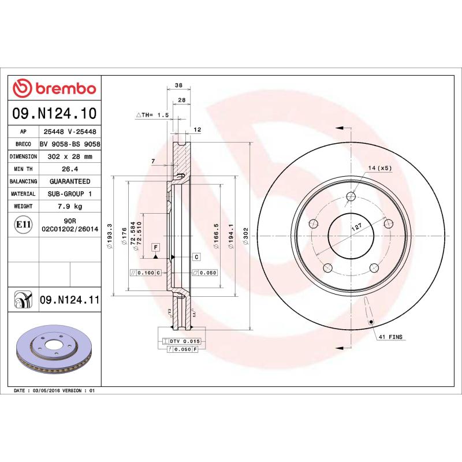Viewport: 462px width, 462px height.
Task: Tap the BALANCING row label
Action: (x=24, y=181)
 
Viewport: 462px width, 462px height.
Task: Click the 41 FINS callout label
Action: (x=391, y=336)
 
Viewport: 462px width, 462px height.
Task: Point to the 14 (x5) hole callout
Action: (x=380, y=168)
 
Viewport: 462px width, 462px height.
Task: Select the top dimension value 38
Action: (x=178, y=85)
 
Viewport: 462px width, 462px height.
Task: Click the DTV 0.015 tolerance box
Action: (x=181, y=342)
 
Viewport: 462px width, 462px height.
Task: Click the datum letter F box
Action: (x=155, y=247)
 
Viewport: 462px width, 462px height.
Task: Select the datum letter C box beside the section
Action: (x=196, y=256)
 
